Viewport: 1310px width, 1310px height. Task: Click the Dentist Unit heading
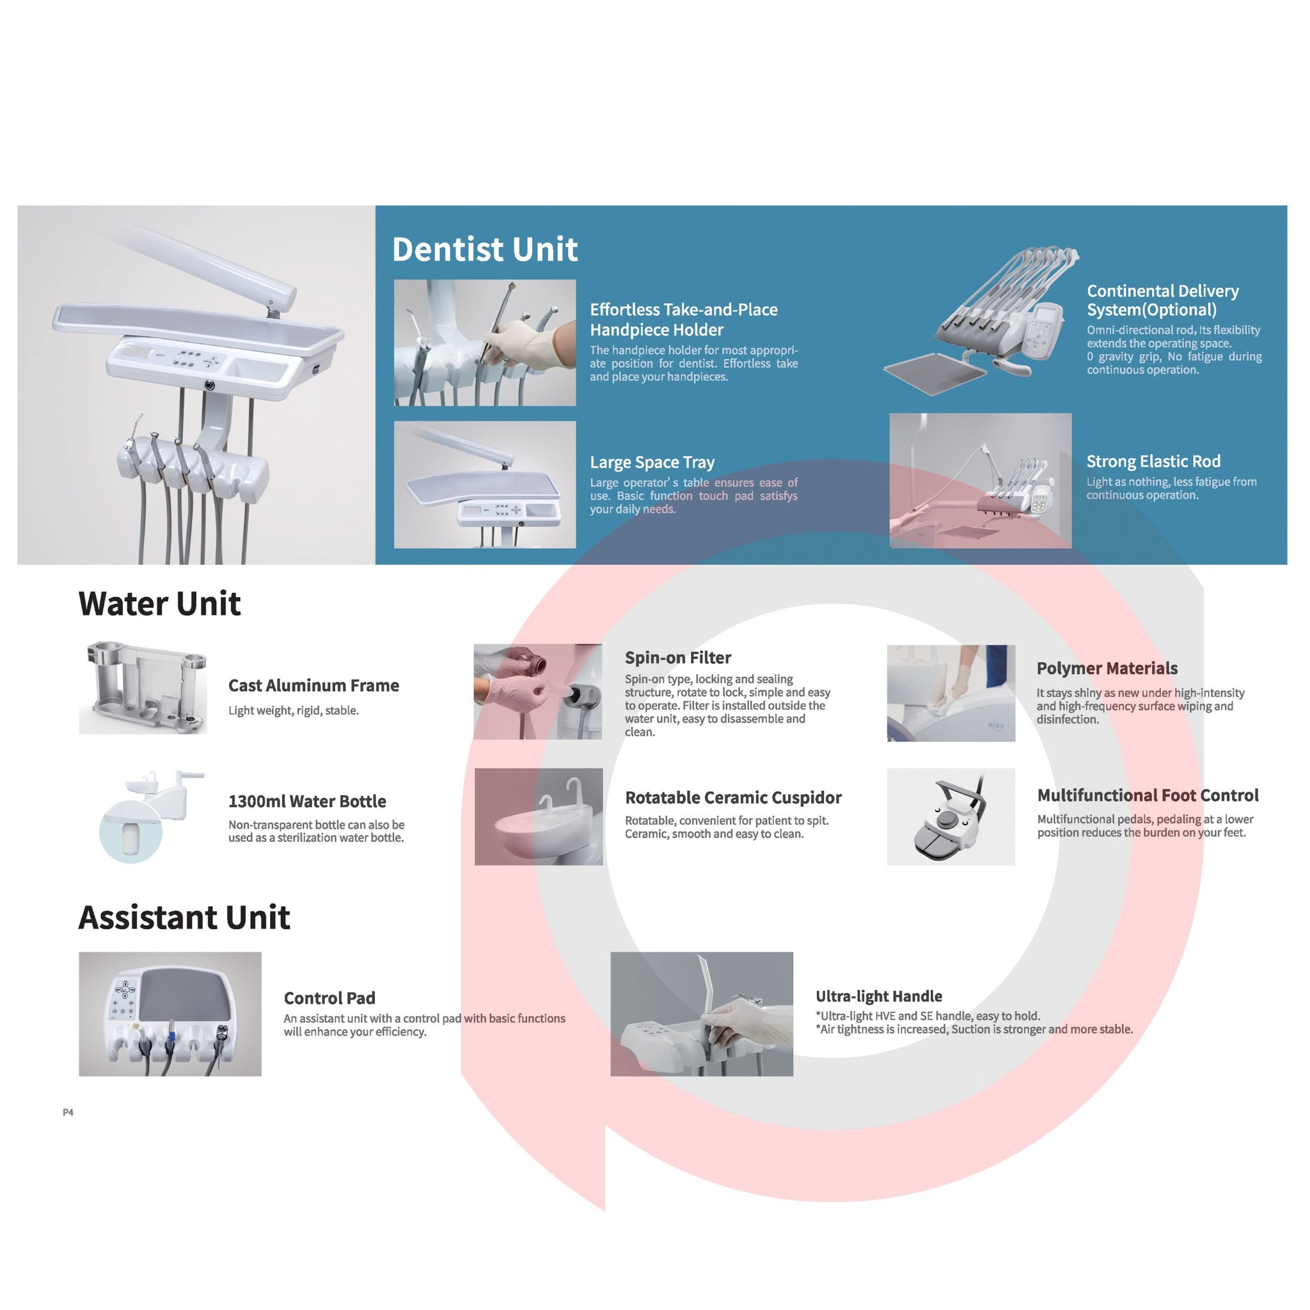click(485, 249)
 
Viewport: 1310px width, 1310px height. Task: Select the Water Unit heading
click(159, 603)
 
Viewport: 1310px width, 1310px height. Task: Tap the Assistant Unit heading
click(184, 917)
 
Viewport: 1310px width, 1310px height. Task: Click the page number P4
click(68, 1112)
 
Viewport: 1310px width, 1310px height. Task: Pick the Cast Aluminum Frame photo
click(143, 688)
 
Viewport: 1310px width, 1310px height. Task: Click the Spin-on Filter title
click(678, 658)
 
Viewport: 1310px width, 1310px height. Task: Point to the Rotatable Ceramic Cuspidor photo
click(539, 816)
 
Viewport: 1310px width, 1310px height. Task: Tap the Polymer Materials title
click(1107, 668)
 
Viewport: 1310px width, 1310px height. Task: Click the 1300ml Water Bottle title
click(307, 801)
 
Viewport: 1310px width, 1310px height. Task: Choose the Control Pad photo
click(170, 1014)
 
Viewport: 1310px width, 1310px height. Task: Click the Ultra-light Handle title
click(879, 996)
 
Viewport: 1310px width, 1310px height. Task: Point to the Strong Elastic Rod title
click(1153, 462)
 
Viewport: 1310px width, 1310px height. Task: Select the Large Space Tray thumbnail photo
click(485, 484)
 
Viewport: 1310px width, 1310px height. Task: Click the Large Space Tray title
click(652, 462)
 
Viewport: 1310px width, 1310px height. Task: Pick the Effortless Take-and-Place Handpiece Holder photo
click(485, 342)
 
